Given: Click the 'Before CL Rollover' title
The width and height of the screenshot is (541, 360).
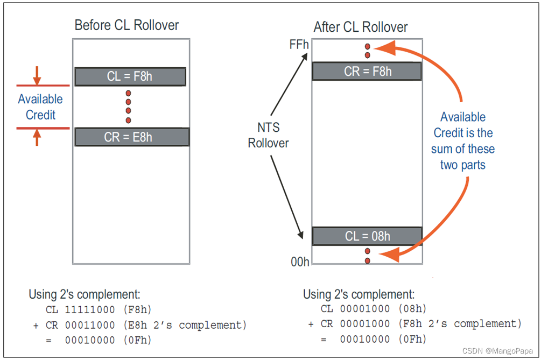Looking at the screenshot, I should click(127, 25).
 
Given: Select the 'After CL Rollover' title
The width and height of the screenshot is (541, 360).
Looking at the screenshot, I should click(361, 27).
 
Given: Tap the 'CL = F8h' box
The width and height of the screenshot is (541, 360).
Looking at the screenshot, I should click(130, 76).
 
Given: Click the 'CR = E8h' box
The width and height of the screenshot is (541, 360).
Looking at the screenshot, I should click(131, 137).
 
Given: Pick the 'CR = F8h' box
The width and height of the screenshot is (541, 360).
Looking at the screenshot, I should click(367, 72).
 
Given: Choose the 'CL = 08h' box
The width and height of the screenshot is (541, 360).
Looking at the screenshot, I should click(367, 236).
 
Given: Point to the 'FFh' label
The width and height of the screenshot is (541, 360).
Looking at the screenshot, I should click(299, 44).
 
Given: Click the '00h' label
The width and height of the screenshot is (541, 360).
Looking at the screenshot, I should click(300, 262).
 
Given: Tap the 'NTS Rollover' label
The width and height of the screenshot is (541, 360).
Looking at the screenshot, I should click(268, 135).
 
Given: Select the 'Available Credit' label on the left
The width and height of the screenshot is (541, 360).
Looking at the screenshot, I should click(40, 107).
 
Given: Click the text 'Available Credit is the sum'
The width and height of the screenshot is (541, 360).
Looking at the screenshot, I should click(463, 140).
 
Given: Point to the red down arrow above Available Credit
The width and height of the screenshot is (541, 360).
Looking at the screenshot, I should click(37, 76).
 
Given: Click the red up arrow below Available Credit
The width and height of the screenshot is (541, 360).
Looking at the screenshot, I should click(37, 138).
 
